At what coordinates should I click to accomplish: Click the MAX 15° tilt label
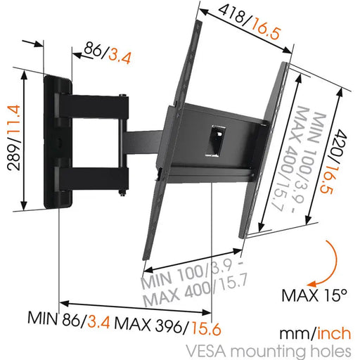pos(314,293)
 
